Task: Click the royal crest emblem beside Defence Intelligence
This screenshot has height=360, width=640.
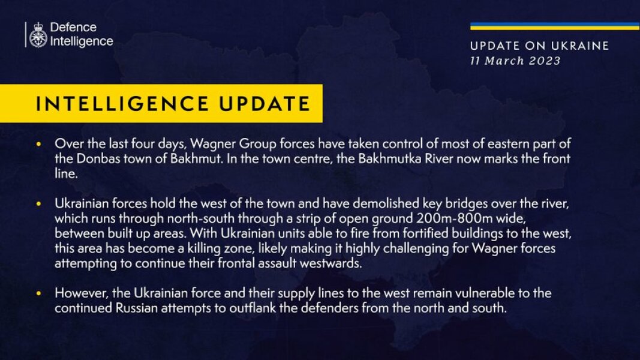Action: click(38, 35)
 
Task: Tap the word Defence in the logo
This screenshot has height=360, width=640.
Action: click(73, 28)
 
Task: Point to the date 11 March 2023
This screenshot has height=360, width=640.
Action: click(515, 61)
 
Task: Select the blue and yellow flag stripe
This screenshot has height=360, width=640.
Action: click(554, 26)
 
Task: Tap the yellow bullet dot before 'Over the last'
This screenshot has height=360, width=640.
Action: click(39, 145)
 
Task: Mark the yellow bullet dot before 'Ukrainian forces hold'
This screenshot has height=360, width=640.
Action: click(39, 205)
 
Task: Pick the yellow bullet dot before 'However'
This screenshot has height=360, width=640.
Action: click(39, 294)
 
